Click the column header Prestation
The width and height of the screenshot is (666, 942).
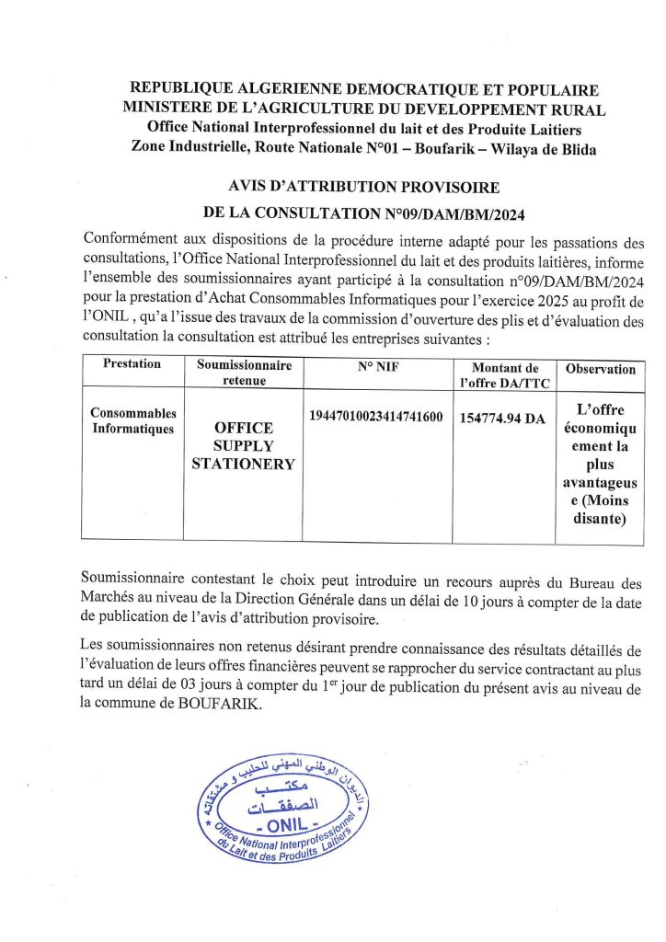click(132, 364)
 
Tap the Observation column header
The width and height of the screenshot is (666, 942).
click(600, 369)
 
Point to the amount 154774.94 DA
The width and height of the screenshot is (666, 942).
click(502, 419)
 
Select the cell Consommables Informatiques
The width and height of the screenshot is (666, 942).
click(133, 421)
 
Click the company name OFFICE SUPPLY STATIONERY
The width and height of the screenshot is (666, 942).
click(243, 446)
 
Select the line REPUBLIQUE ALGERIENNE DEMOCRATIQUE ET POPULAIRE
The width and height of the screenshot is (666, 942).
click(364, 90)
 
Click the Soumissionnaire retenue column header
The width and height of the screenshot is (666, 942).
click(244, 372)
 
